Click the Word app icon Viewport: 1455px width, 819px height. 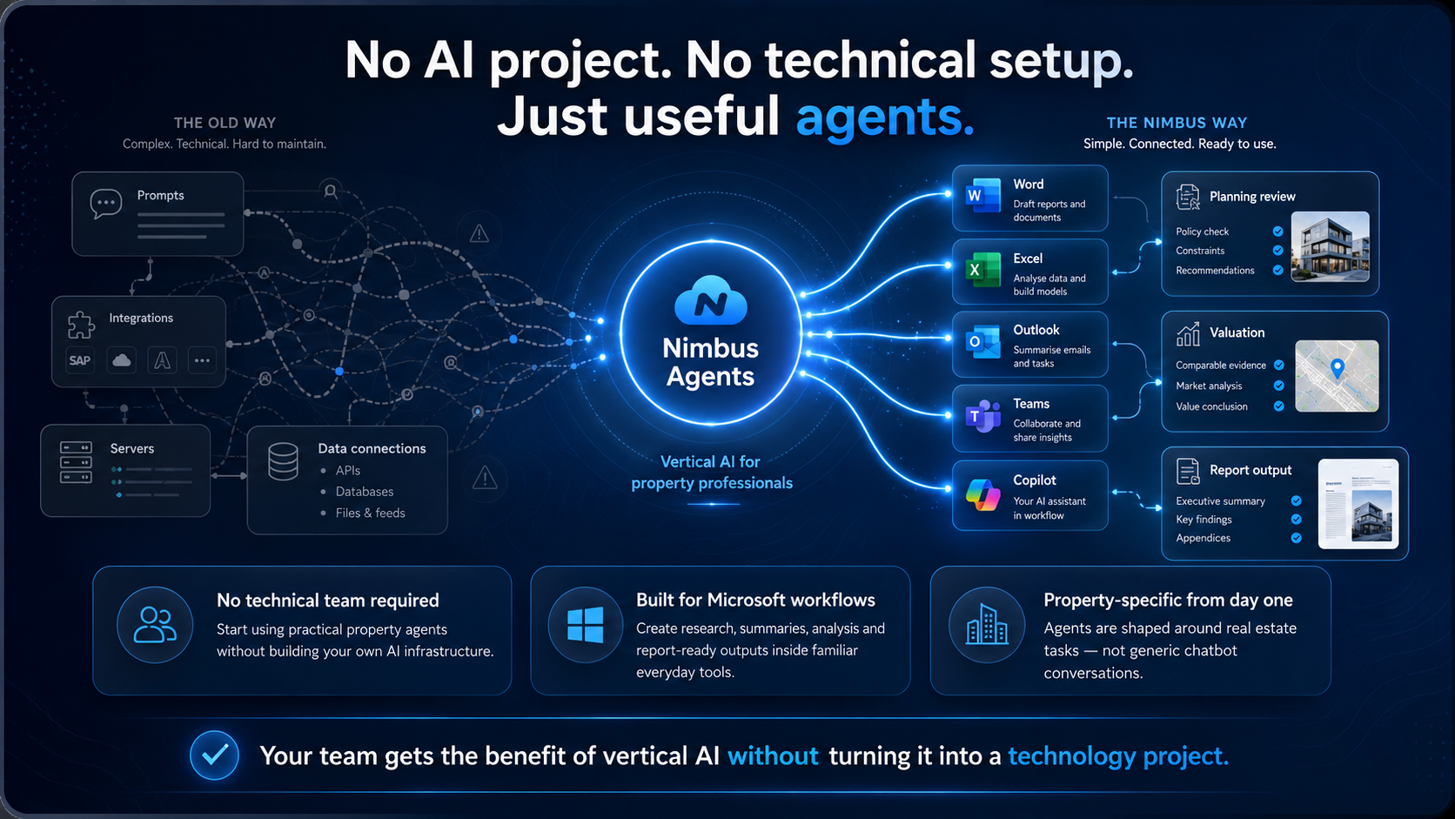point(982,195)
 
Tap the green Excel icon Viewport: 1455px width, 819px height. point(982,270)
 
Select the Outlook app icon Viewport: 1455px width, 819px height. point(982,342)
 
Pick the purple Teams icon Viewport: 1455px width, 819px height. point(982,416)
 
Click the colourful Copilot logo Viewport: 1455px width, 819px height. point(982,494)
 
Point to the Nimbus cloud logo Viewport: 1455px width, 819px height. point(711,300)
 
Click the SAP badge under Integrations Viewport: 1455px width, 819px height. point(80,360)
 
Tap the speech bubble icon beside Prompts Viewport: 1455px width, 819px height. point(106,204)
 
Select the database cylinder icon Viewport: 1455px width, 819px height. point(283,461)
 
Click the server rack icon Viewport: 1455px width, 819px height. point(76,462)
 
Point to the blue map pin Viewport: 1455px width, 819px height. point(1338,369)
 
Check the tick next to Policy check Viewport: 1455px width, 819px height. point(1277,232)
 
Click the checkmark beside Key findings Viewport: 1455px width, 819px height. point(1296,519)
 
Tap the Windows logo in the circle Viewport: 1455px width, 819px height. point(586,625)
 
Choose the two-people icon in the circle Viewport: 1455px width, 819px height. point(155,625)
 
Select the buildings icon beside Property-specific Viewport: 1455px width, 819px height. point(987,624)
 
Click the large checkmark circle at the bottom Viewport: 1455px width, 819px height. point(214,755)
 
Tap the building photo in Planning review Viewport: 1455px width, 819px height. point(1331,246)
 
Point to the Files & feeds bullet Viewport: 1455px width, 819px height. point(370,514)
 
